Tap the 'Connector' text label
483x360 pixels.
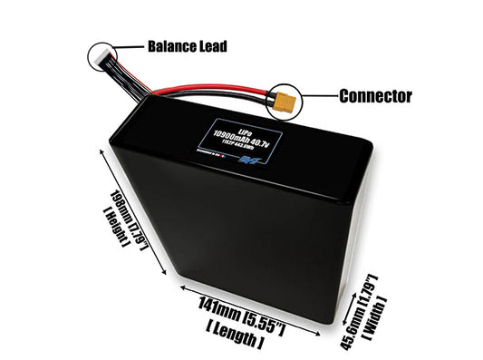[375, 95]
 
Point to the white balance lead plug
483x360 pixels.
[102, 55]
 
